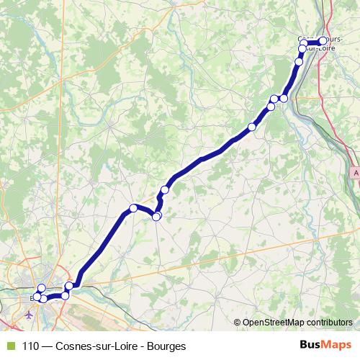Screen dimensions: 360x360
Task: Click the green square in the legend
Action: click(9, 346)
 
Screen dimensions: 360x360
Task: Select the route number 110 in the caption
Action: click(31, 346)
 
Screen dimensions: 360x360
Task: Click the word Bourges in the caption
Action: click(164, 346)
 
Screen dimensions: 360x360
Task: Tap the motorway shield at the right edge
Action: click(356, 174)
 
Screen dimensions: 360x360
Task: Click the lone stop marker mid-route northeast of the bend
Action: click(252, 127)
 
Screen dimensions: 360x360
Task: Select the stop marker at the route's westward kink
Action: click(133, 208)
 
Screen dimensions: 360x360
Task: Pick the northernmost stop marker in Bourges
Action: click(41, 289)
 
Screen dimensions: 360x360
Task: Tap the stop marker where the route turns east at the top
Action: click(304, 42)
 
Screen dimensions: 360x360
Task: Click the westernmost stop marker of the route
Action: click(37, 296)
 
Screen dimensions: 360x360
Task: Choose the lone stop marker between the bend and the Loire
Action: click(165, 189)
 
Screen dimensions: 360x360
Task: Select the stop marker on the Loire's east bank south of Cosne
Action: click(284, 98)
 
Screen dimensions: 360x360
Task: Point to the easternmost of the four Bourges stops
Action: click(69, 287)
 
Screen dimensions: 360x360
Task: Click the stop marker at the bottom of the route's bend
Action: click(157, 216)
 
